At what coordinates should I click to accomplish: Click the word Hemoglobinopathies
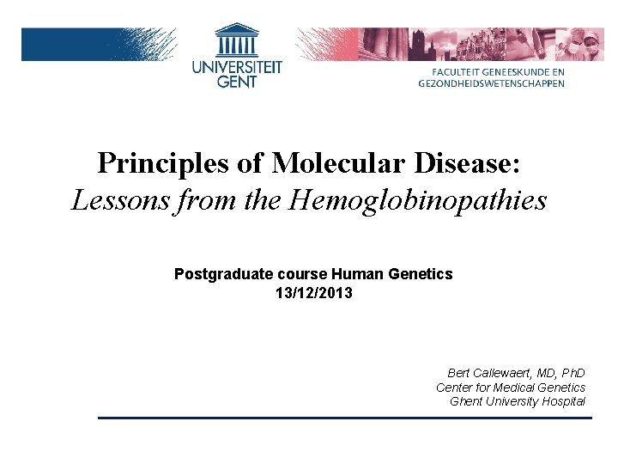pyautogui.click(x=420, y=201)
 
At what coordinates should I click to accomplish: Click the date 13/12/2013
pyautogui.click(x=313, y=293)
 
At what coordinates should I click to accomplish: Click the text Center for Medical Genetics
pyautogui.click(x=511, y=388)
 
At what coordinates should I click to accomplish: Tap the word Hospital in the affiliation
pyautogui.click(x=563, y=401)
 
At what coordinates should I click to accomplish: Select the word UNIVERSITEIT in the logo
pyautogui.click(x=237, y=67)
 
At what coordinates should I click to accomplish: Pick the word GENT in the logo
pyautogui.click(x=237, y=82)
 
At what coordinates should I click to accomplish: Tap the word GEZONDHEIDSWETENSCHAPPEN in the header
pyautogui.click(x=492, y=83)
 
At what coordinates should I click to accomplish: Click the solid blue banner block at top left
pyautogui.click(x=69, y=44)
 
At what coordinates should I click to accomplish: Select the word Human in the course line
pyautogui.click(x=360, y=274)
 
